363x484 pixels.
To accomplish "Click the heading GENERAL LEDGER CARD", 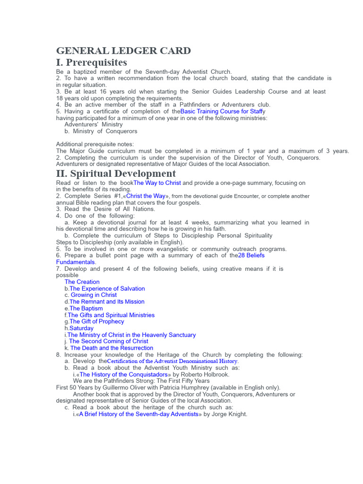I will tap(123, 51).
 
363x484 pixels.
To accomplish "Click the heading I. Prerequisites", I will tap(92, 63).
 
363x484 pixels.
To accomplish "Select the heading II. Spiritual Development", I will tap(116, 174).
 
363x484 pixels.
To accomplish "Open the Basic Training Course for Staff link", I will tap(221, 112).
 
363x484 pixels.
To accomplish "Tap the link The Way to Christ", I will tap(157, 183).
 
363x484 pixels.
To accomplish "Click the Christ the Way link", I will tap(146, 196).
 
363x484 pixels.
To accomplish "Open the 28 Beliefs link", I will tap(251, 255).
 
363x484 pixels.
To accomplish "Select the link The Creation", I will tap(82, 282).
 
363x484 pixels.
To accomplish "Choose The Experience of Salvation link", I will tap(107, 288).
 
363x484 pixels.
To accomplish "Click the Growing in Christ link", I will tap(94, 295).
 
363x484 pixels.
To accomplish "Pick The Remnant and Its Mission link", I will tap(107, 302).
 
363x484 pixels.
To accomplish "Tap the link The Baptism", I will tap(86, 308).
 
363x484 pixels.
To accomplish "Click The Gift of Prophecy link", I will tap(97, 321).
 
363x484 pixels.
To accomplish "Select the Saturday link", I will tap(81, 328).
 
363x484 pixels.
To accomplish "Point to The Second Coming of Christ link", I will tap(108, 341).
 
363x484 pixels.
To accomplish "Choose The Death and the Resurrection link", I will tap(112, 348).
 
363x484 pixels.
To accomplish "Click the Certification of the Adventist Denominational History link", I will tap(173, 361).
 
